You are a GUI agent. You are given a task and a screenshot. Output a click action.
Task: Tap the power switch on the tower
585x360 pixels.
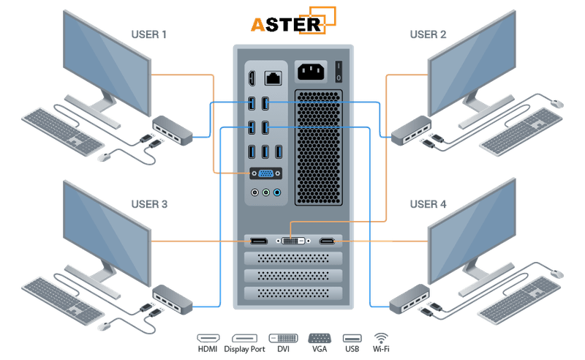point(339,72)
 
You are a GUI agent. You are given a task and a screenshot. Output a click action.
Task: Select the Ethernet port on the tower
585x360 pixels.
point(275,77)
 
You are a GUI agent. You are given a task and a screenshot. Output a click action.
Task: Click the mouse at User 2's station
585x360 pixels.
point(557,104)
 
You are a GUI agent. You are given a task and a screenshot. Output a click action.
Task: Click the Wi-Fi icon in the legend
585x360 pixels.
point(380,339)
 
